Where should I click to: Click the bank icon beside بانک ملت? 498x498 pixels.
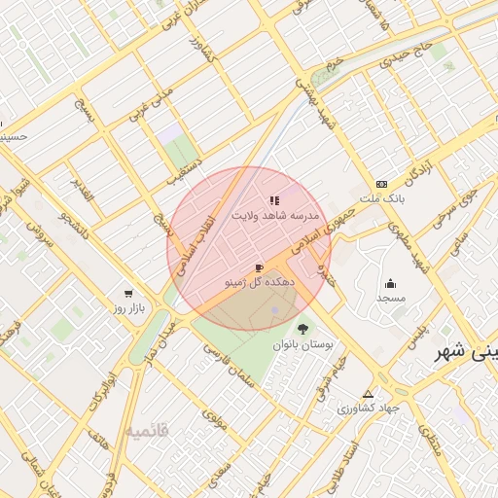click(x=381, y=184)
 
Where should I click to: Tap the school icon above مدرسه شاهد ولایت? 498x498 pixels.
click(x=273, y=200)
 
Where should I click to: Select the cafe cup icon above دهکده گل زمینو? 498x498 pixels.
click(x=258, y=267)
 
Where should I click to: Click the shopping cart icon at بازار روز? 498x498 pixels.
click(x=128, y=293)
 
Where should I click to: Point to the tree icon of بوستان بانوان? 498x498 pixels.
click(x=303, y=329)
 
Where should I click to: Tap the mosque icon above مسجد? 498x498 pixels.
click(x=390, y=284)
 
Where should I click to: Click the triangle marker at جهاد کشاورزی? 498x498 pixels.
click(x=368, y=394)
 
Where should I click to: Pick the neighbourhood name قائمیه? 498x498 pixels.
click(x=147, y=428)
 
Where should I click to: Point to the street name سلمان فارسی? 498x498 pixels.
click(x=228, y=370)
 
